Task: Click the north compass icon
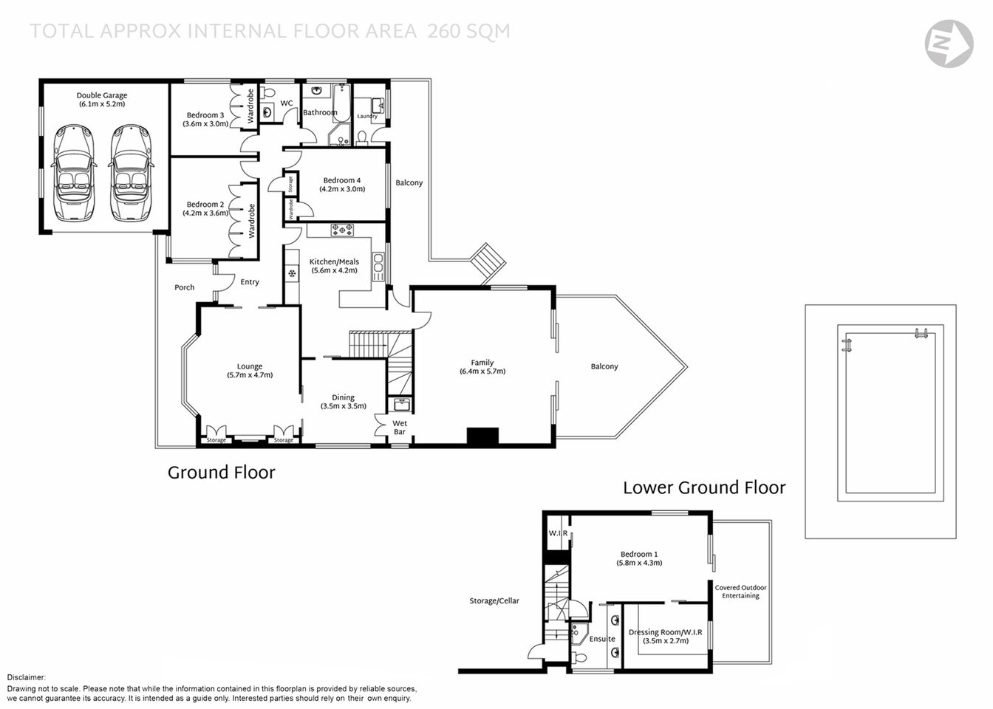[949, 44]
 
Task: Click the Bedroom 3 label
[205, 115]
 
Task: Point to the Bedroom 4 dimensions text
[342, 189]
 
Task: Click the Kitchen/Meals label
[334, 261]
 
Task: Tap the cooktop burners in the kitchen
[341, 230]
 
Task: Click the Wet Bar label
[399, 428]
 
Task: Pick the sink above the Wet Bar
[401, 405]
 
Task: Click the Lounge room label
[250, 366]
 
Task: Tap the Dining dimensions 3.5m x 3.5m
[343, 406]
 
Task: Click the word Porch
[185, 287]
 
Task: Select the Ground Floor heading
[221, 473]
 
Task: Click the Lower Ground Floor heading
[703, 487]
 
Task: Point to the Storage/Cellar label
[494, 601]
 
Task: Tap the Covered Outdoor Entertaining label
[740, 592]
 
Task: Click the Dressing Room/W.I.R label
[665, 632]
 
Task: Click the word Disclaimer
[27, 677]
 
